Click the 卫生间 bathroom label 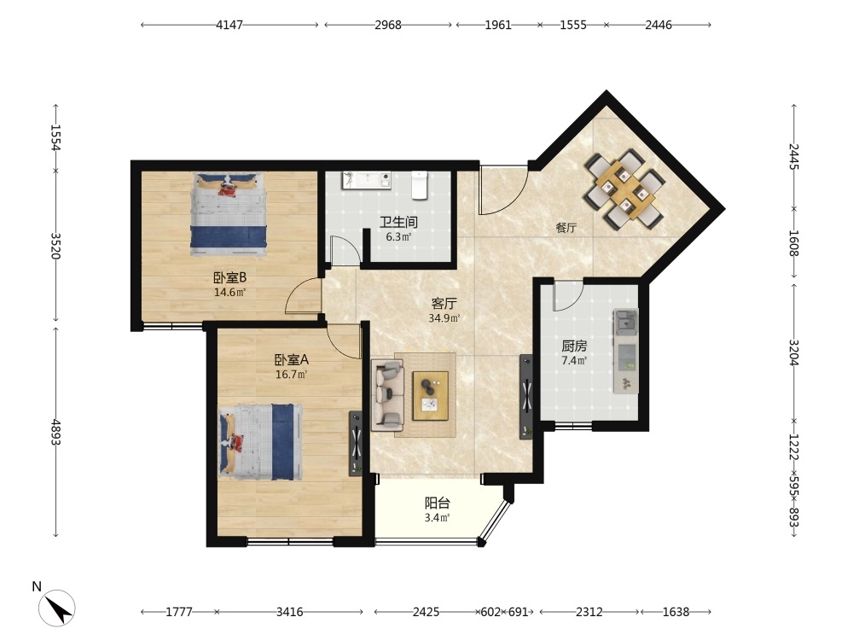[398, 222]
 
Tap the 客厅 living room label [444, 303]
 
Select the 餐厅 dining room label [566, 228]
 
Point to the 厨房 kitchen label [574, 346]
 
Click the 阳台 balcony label [438, 503]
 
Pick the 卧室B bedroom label [229, 277]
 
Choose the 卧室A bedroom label [291, 360]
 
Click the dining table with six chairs [625, 189]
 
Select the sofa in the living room [387, 394]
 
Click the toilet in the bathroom [420, 185]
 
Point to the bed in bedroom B [229, 214]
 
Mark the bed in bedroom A [260, 442]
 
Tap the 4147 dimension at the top [229, 25]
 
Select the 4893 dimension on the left [55, 432]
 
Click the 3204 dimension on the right [793, 352]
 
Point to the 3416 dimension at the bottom [289, 612]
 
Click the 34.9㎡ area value [444, 318]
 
